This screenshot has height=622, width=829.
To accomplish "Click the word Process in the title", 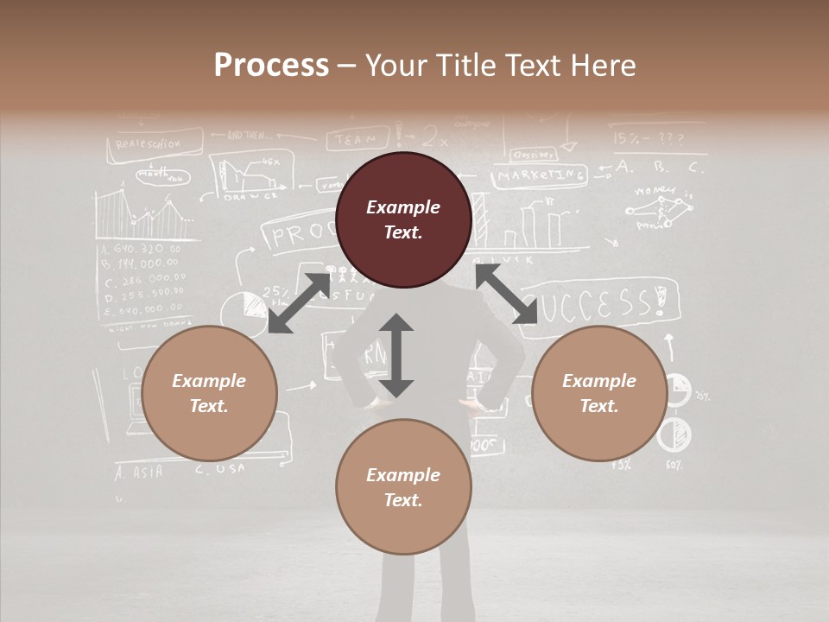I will coord(271,65).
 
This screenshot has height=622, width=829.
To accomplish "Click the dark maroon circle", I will coord(403,219).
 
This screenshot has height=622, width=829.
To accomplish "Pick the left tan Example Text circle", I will coord(209,393).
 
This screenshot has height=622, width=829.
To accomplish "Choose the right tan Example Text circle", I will coord(599,393).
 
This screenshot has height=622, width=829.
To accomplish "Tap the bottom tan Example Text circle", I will coord(403,487).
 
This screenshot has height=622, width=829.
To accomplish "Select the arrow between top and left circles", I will coord(299,302).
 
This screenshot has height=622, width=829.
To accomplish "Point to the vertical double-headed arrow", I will coord(396,355).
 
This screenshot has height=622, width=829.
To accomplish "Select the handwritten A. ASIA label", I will coord(139,472).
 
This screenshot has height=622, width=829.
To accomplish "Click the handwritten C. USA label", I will coord(220,469).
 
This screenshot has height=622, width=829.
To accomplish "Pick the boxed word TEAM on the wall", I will coord(355,138).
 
